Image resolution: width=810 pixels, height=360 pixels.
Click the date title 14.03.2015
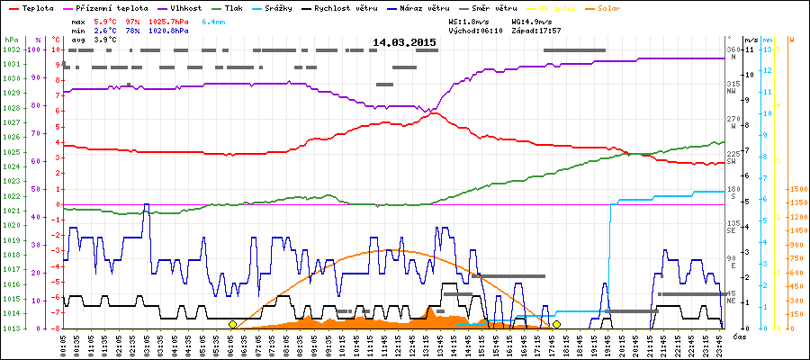pyautogui.click(x=404, y=42)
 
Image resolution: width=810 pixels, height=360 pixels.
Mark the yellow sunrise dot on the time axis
pyautogui.click(x=232, y=324)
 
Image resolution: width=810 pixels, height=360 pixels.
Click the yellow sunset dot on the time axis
pyautogui.click(x=557, y=324)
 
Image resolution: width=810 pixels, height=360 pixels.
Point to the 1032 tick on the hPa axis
pyautogui.click(x=11, y=49)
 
